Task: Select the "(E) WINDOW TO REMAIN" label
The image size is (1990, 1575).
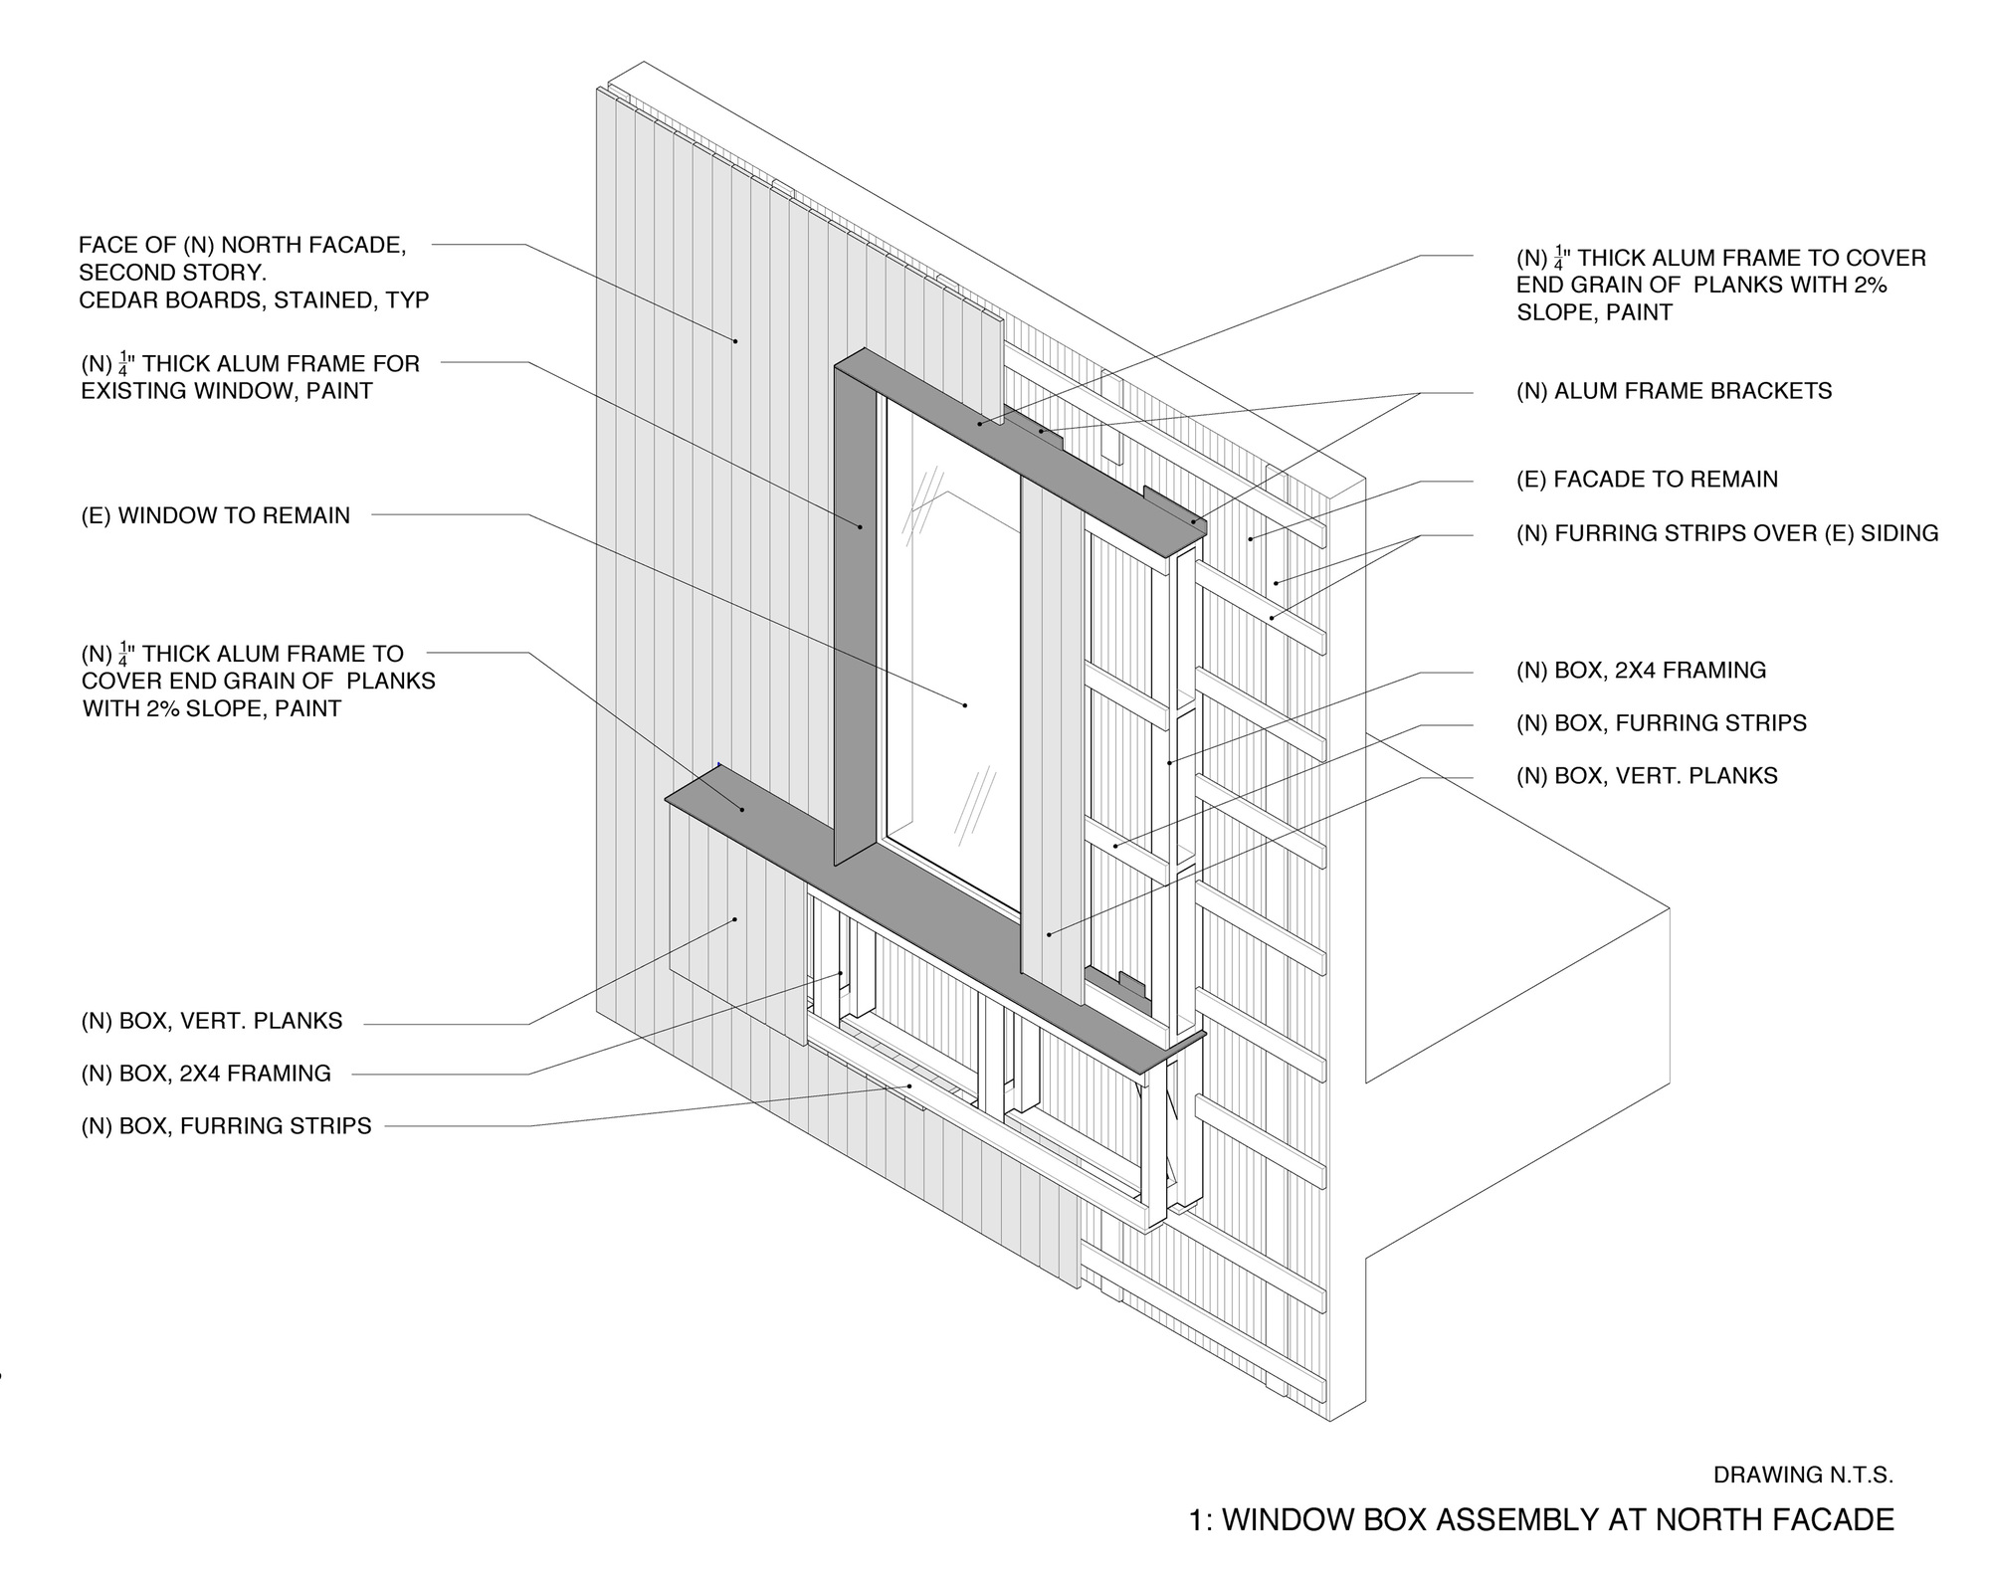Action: (216, 515)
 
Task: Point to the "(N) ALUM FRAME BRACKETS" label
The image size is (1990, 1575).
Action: (1674, 391)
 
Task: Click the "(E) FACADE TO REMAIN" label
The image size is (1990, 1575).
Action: (1647, 479)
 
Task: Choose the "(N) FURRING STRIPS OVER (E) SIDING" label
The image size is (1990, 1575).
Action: (1727, 533)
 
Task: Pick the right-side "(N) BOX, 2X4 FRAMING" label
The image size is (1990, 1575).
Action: (1641, 671)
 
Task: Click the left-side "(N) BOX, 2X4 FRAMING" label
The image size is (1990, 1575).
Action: (206, 1074)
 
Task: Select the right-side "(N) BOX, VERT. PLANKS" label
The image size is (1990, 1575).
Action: (1647, 776)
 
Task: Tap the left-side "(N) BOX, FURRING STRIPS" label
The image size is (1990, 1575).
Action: (226, 1126)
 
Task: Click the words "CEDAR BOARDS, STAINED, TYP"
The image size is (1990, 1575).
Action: (254, 300)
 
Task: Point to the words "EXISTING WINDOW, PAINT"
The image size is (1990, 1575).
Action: (227, 391)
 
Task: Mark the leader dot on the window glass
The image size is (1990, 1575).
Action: (965, 705)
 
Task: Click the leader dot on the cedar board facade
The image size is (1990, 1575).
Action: (735, 341)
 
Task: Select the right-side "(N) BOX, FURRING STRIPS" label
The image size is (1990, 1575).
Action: (1662, 723)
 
